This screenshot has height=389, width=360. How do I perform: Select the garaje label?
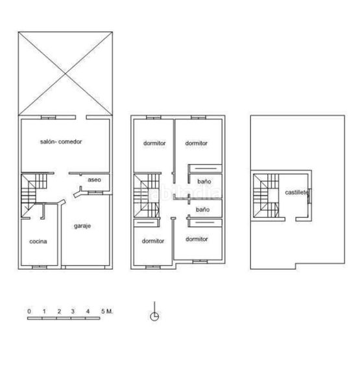tap(82, 226)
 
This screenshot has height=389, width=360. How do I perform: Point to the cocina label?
tap(38, 242)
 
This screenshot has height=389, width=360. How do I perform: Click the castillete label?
tap(296, 192)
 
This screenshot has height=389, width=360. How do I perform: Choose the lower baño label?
tap(203, 210)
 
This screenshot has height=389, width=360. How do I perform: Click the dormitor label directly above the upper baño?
tap(196, 143)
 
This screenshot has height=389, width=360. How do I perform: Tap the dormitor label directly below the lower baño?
tap(196, 239)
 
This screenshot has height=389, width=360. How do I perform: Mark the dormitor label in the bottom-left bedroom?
tap(153, 241)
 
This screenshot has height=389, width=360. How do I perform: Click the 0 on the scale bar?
tap(29, 312)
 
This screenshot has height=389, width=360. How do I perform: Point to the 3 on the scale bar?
tap(73, 312)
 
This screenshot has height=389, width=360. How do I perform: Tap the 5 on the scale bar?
tap(102, 312)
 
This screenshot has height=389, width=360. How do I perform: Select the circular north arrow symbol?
tap(155, 316)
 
